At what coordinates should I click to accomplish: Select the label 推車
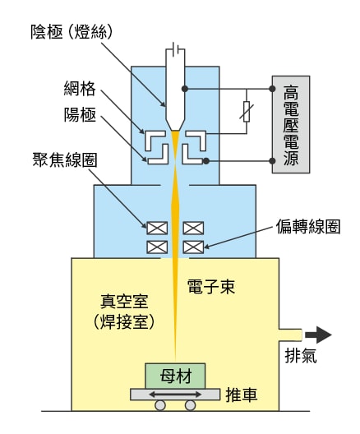tap(245, 395)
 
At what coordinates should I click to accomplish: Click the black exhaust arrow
tap(317, 335)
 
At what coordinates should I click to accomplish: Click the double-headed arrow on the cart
tap(173, 395)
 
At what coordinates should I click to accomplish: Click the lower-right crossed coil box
tap(193, 247)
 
